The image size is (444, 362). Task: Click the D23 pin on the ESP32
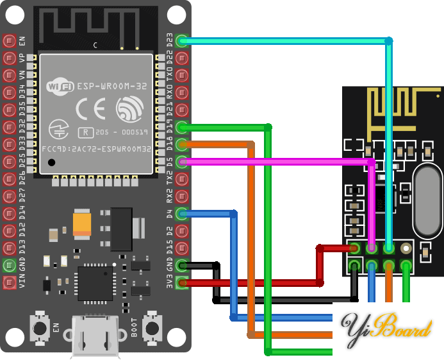tap(182, 41)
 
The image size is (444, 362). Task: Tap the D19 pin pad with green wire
tap(182, 127)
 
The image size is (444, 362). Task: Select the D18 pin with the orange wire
tap(182, 144)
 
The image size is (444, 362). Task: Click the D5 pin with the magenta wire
tap(182, 162)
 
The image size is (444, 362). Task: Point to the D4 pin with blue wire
tap(182, 213)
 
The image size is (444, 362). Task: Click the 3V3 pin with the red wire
tap(182, 282)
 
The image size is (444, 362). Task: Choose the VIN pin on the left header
tap(9, 282)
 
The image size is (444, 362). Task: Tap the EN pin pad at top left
tap(9, 41)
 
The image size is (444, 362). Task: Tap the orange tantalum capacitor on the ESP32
tap(85, 223)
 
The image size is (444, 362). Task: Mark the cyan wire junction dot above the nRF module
tap(388, 41)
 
